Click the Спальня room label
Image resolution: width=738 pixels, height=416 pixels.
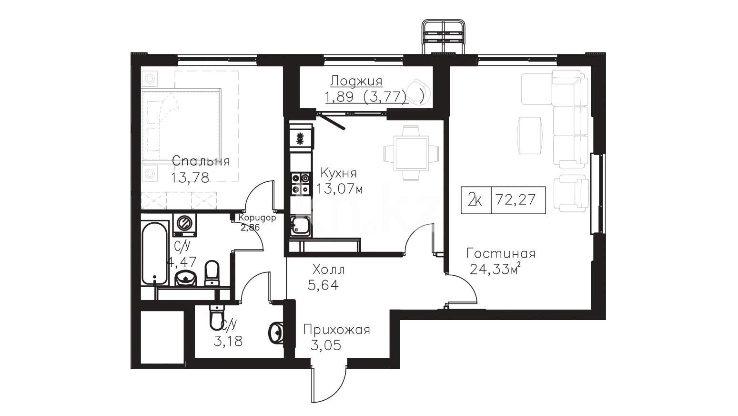201,161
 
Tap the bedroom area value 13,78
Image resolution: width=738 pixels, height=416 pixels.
190,178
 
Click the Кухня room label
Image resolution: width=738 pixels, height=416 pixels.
339,173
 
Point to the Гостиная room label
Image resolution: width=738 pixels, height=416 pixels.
501,253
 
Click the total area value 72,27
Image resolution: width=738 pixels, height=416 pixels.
516,199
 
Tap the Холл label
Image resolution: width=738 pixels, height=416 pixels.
328,270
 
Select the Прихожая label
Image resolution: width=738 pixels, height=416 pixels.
337,330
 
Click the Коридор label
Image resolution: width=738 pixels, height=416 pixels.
257,218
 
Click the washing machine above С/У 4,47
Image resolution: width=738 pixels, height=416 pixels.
184,225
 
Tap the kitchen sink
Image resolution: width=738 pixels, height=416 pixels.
300,226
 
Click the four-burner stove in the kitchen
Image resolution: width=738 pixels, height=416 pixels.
301,184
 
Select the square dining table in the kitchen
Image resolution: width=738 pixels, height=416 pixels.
411,154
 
